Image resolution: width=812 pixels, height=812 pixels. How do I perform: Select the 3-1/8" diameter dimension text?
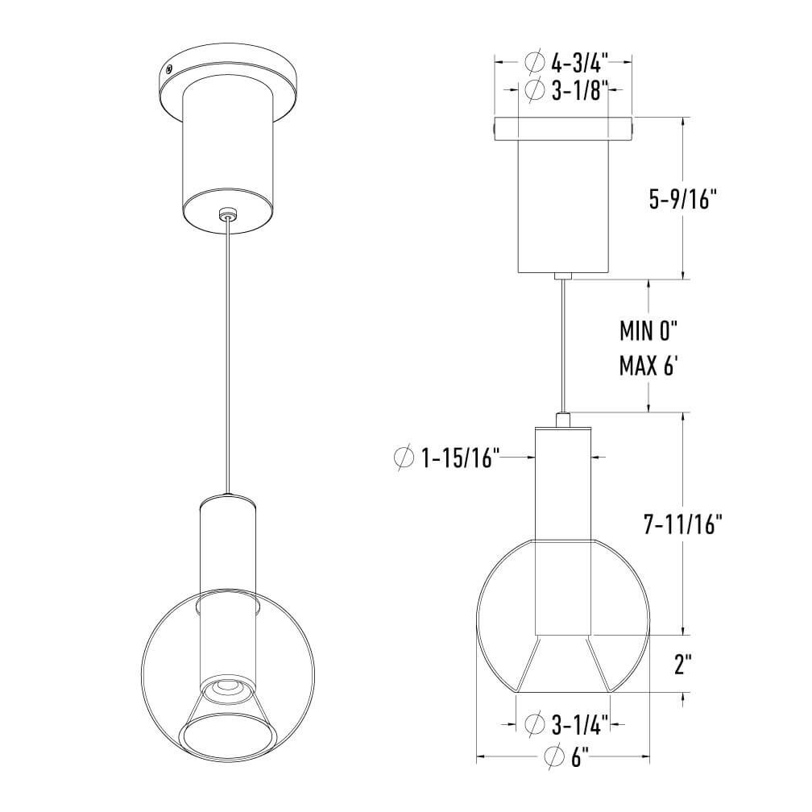(x=579, y=90)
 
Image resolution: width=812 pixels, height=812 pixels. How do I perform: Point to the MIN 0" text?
(x=649, y=331)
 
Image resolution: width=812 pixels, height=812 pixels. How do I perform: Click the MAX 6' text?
(x=648, y=366)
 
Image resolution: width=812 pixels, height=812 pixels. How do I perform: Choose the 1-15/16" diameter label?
(x=461, y=458)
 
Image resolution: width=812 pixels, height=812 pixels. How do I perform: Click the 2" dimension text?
(x=683, y=665)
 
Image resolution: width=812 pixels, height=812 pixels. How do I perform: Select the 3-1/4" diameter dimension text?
(x=579, y=724)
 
